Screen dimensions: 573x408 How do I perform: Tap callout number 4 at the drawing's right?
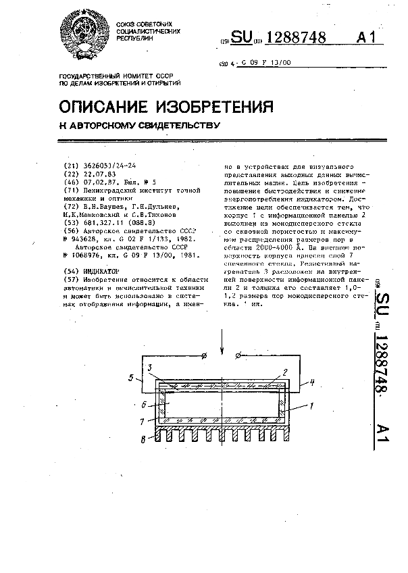pos(313,382)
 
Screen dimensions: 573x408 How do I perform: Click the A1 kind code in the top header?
pos(365,39)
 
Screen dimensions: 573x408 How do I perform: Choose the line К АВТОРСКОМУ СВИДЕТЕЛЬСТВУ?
pos(141,125)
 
